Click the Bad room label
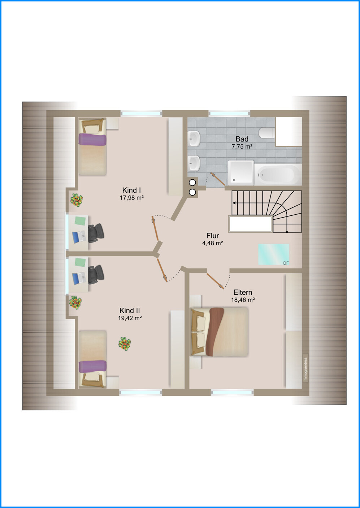pyautogui.click(x=242, y=139)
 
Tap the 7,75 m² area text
pyautogui.click(x=242, y=146)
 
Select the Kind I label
pyautogui.click(x=131, y=190)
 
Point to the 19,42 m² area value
pyautogui.click(x=130, y=318)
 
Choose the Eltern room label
pyautogui.click(x=243, y=292)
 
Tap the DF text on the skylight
pyautogui.click(x=286, y=263)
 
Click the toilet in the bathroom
pyautogui.click(x=267, y=133)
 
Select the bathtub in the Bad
pyautogui.click(x=278, y=174)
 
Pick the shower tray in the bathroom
pyautogui.click(x=241, y=173)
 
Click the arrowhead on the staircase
pyautogui.click(x=234, y=203)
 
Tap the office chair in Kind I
pyautogui.click(x=96, y=233)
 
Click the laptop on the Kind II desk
pyautogui.click(x=79, y=279)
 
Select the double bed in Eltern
pyautogui.click(x=219, y=332)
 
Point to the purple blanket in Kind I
pyautogui.click(x=92, y=139)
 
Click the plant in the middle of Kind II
pyautogui.click(x=125, y=344)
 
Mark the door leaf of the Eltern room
pyautogui.click(x=216, y=281)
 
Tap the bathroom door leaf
pyautogui.click(x=218, y=179)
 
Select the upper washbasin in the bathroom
pyautogui.click(x=194, y=139)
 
